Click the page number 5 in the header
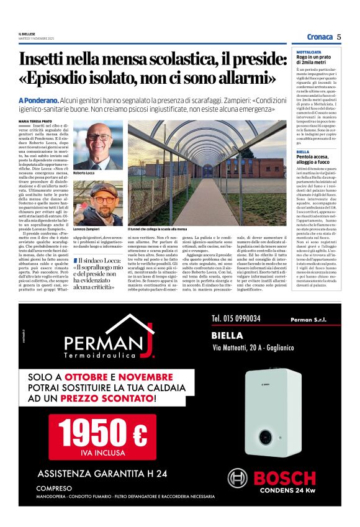coord(339,37)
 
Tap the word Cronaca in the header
coord(319,37)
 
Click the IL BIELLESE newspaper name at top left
coord(27,34)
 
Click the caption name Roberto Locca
coord(85,173)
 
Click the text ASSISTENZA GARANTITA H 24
coord(102,474)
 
